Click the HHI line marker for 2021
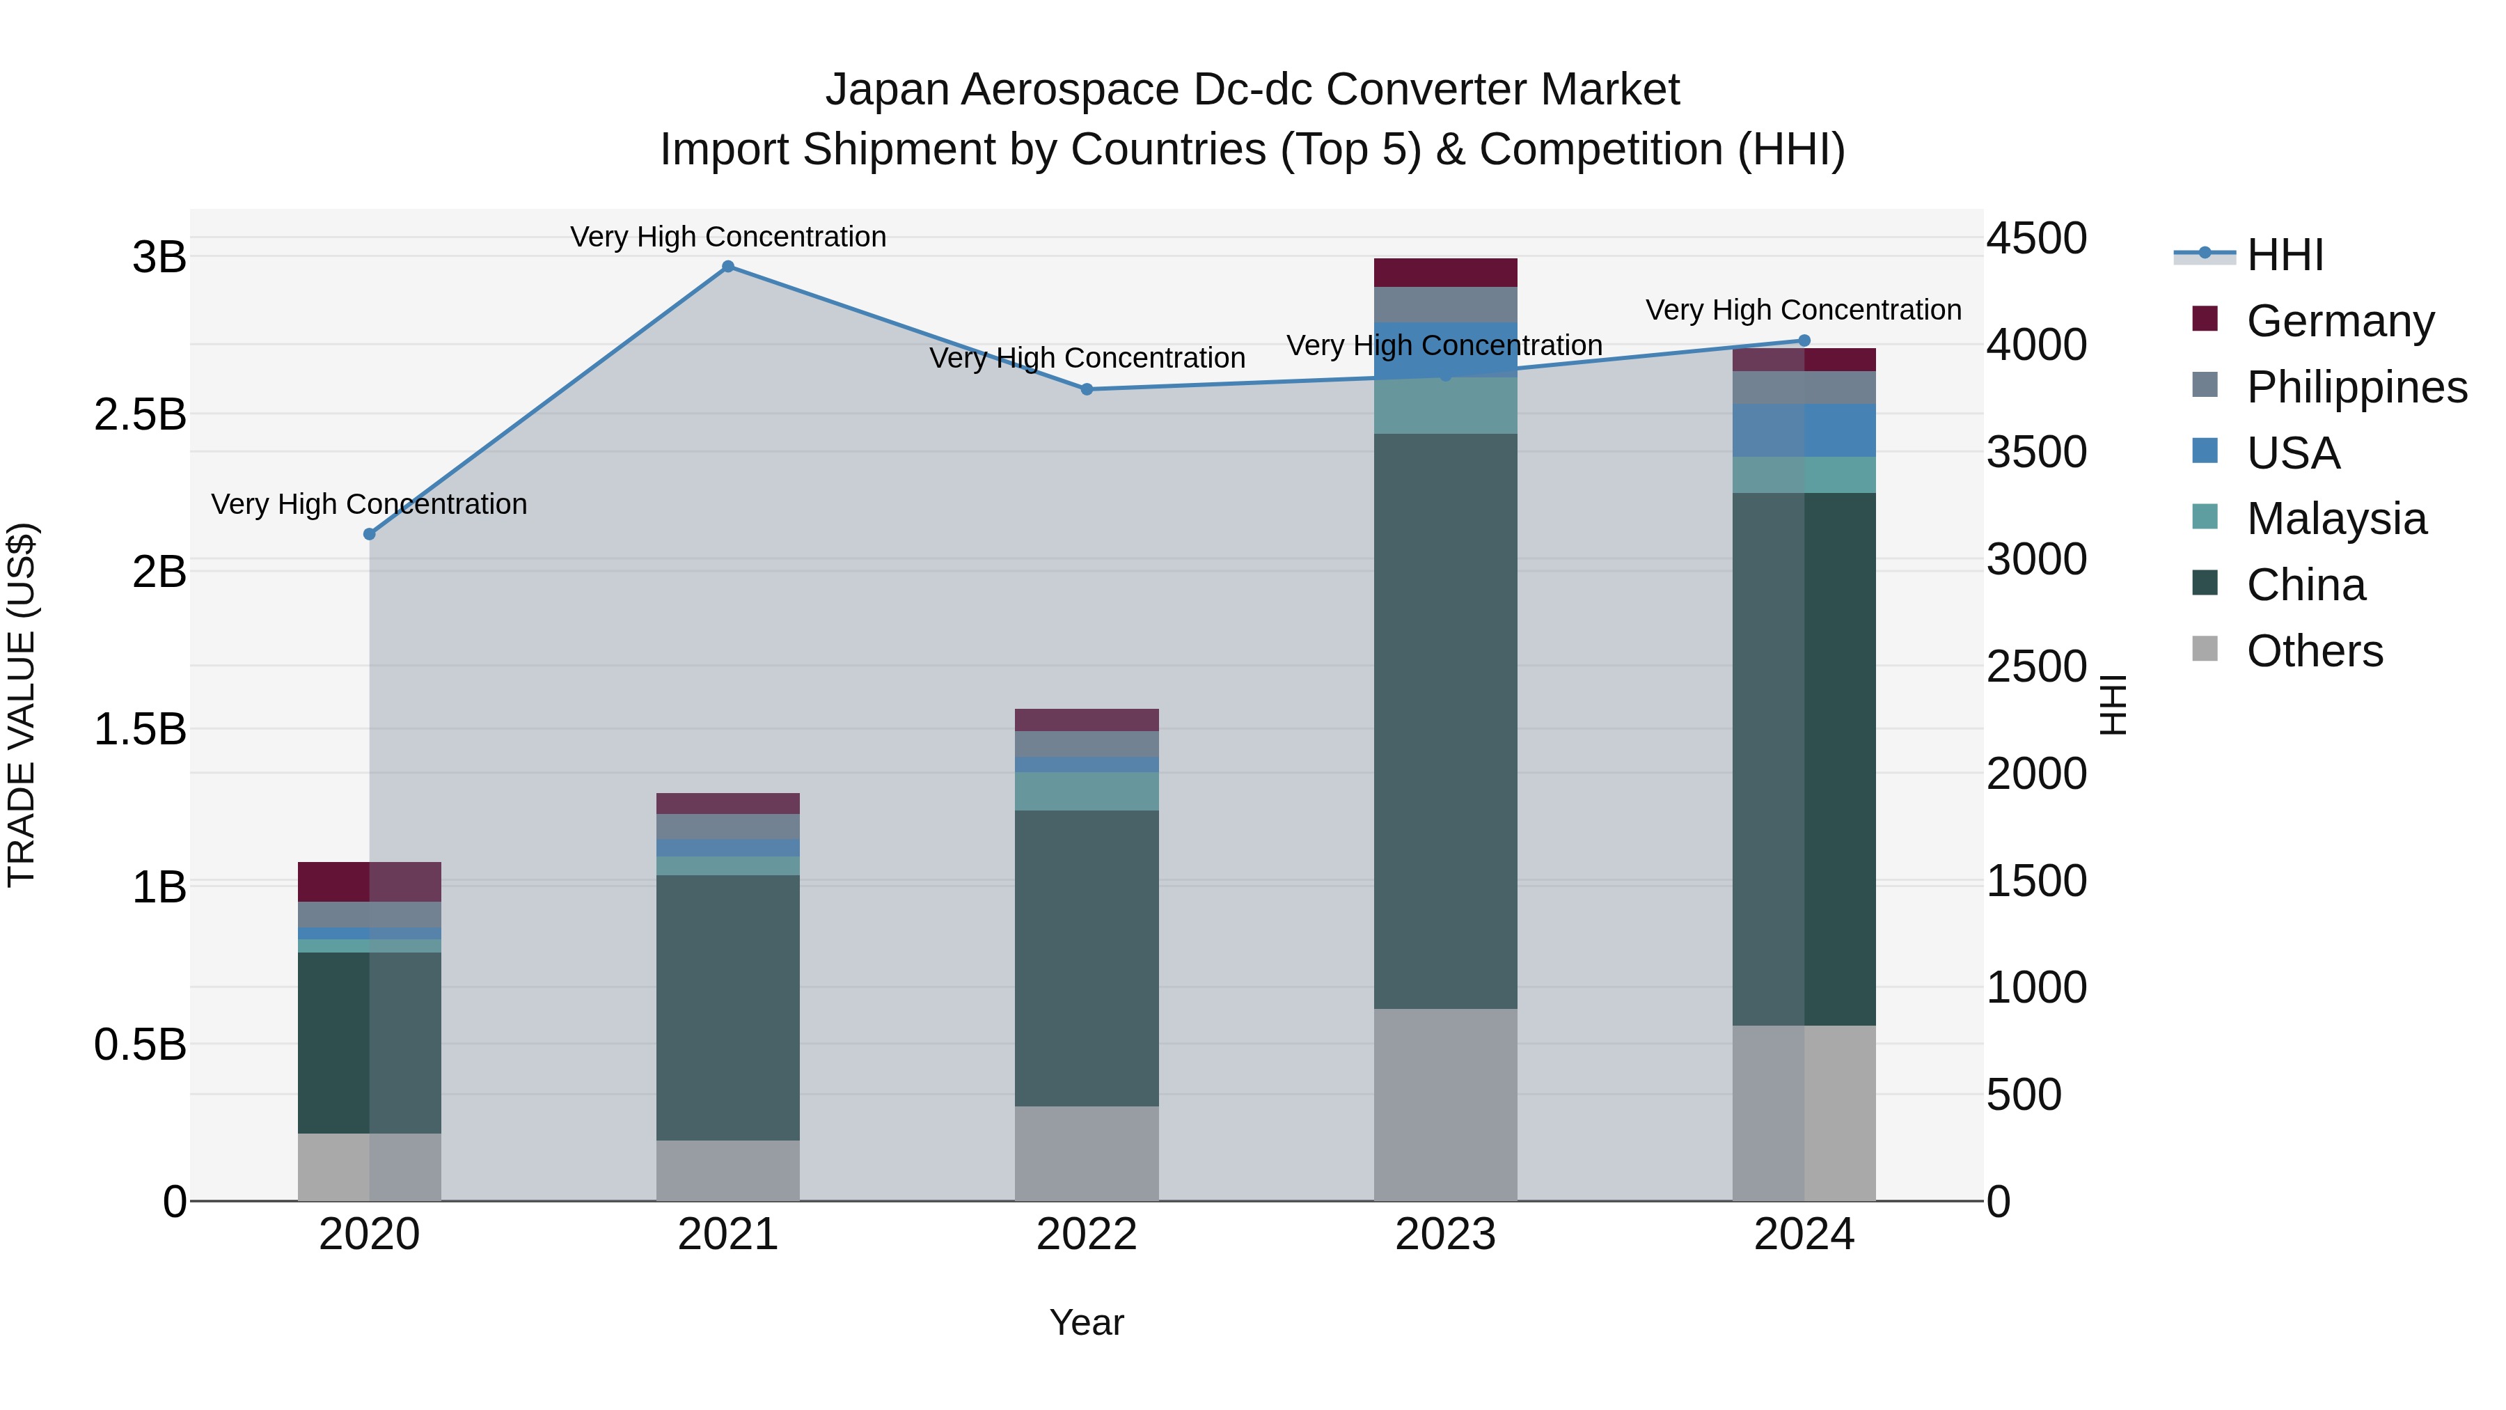pos(727,267)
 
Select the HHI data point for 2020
pos(370,534)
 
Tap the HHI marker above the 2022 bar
pos(1087,389)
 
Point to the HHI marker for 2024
pos(1804,340)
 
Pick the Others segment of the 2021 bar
pos(727,1170)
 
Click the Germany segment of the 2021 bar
pos(727,803)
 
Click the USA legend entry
pos(2293,453)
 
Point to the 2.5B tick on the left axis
pos(140,414)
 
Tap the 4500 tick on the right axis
pos(2036,237)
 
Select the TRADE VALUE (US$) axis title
pos(22,705)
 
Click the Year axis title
pos(1087,1322)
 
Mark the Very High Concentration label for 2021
pos(727,237)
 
